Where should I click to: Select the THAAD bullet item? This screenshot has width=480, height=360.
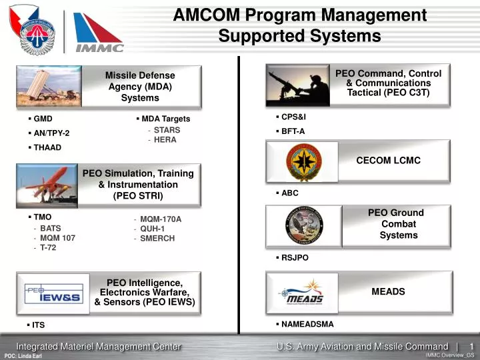pos(47,147)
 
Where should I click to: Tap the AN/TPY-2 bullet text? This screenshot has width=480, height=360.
pos(51,133)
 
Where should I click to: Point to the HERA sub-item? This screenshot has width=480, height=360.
pos(165,140)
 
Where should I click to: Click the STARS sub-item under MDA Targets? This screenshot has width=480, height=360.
pos(167,130)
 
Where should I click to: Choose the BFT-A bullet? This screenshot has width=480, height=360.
pos(293,131)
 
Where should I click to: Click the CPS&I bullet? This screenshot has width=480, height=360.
pos(293,117)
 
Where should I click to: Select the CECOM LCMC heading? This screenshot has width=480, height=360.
pos(389,161)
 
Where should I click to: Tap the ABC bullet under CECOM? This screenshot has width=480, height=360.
pos(289,193)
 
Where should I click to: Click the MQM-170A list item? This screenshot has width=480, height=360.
pos(161,219)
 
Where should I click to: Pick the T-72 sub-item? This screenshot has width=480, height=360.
pos(48,247)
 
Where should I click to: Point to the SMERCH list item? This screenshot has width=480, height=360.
pos(157,238)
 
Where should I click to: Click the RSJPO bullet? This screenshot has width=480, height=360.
pos(295,257)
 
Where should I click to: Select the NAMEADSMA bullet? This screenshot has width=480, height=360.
pos(307,324)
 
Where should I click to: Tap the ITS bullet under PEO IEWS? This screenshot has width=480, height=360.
pos(38,325)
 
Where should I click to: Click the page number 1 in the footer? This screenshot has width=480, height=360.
pos(471,346)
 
